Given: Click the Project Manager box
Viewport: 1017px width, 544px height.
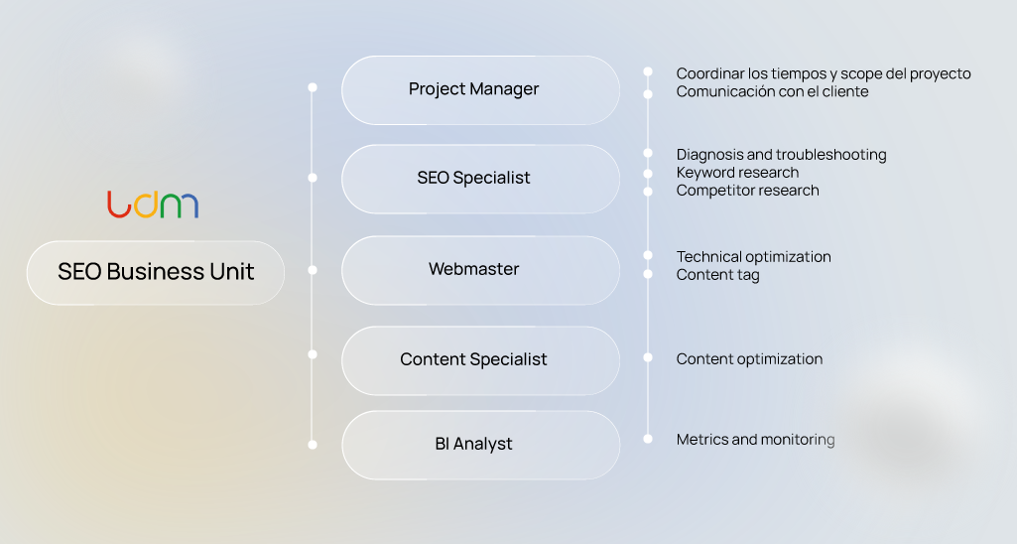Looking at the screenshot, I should (x=480, y=89).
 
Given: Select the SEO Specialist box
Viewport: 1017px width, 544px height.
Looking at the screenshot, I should (x=480, y=179).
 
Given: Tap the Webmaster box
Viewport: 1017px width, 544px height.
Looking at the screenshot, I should (x=480, y=269).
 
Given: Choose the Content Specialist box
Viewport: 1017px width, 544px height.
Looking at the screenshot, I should (x=480, y=359).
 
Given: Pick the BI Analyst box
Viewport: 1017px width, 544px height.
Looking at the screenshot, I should (x=480, y=445).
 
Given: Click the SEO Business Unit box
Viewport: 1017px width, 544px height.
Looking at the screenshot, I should (x=156, y=272).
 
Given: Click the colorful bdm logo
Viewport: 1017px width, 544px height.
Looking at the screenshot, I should (x=153, y=204).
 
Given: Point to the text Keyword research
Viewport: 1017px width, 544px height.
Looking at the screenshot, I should (x=737, y=173).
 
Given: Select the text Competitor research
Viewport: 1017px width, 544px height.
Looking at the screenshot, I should (x=747, y=191).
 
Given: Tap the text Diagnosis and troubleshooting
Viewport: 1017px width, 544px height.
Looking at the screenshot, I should (x=781, y=155).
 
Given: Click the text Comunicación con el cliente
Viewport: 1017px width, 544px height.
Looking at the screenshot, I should (x=772, y=91).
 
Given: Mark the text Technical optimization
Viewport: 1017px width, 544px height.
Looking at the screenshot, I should (x=753, y=257).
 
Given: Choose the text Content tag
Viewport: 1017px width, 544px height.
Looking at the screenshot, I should (x=717, y=275).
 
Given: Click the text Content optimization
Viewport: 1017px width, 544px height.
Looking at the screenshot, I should (x=749, y=359).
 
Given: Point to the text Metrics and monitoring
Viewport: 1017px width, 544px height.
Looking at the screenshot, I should (x=755, y=440).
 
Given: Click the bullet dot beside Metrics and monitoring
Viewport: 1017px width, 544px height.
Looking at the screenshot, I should (x=648, y=438).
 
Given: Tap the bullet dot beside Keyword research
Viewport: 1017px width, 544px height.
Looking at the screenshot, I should (x=648, y=172).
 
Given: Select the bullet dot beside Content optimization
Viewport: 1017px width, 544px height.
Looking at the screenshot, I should (x=648, y=357).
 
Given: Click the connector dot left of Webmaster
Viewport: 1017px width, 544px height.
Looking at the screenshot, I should (x=313, y=269).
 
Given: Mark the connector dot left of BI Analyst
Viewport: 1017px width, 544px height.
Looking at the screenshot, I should (x=313, y=445).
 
